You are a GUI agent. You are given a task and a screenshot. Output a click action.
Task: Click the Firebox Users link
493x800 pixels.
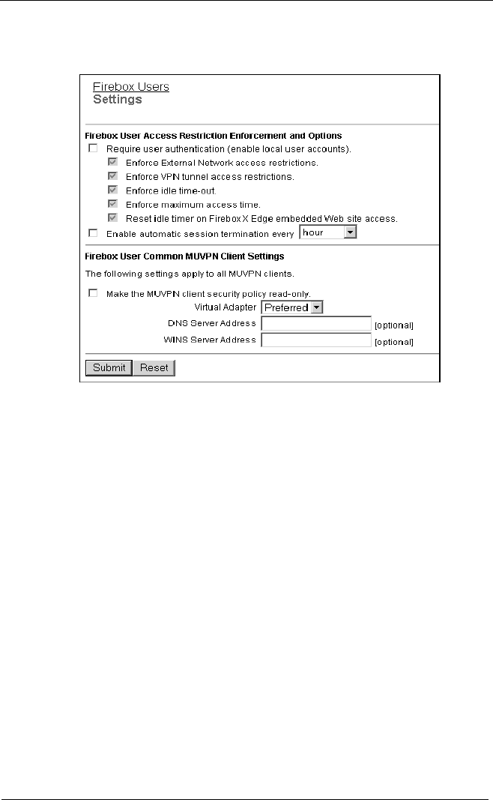pyautogui.click(x=130, y=86)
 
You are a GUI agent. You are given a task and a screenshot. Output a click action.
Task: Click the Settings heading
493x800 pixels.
pyautogui.click(x=117, y=99)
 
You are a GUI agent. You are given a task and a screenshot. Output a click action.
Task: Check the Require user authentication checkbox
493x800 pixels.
pyautogui.click(x=93, y=148)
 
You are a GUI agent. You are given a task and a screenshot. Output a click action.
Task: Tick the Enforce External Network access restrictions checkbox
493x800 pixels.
pyautogui.click(x=112, y=162)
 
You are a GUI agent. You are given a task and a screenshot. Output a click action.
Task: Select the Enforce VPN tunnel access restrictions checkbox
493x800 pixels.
pyautogui.click(x=112, y=176)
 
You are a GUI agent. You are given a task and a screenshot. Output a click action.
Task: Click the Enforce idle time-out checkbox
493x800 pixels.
pyautogui.click(x=112, y=190)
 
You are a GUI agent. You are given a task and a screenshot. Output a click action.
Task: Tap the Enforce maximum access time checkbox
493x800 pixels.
pyautogui.click(x=112, y=204)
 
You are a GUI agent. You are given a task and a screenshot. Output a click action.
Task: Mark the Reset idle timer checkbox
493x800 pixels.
pyautogui.click(x=112, y=218)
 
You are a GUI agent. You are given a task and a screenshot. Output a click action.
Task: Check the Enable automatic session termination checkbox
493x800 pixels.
pyautogui.click(x=93, y=233)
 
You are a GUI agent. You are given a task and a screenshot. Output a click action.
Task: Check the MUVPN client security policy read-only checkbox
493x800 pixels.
pyautogui.click(x=93, y=293)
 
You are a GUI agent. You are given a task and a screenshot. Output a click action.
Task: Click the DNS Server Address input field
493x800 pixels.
pyautogui.click(x=316, y=323)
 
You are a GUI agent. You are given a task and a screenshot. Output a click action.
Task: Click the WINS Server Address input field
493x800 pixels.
pyautogui.click(x=316, y=340)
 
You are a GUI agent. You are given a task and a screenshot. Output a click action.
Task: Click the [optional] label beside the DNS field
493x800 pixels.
pyautogui.click(x=394, y=325)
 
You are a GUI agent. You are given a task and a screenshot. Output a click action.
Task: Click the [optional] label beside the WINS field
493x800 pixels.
pyautogui.click(x=394, y=342)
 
